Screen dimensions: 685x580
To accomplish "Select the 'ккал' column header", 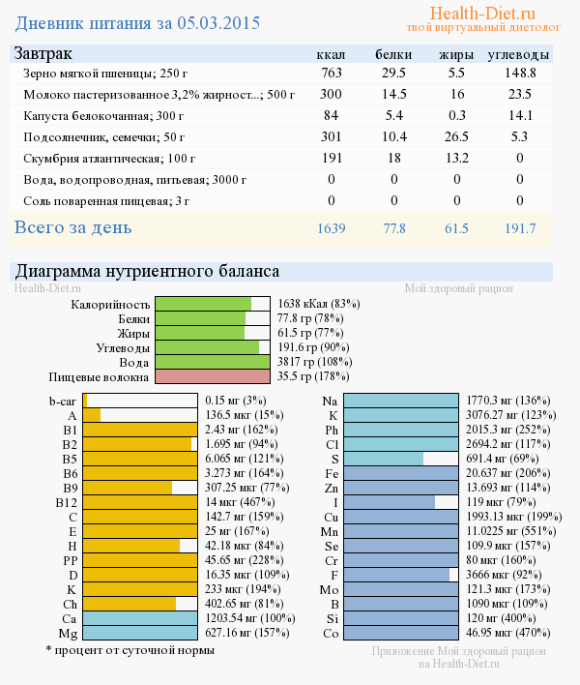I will (x=332, y=54).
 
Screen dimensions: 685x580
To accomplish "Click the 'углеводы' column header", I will (x=519, y=54).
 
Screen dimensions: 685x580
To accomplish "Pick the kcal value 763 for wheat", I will (x=332, y=73).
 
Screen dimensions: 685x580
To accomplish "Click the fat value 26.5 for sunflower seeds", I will (x=457, y=136).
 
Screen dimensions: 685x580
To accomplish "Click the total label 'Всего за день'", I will (x=72, y=228).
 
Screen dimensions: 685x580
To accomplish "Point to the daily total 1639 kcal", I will (x=332, y=229).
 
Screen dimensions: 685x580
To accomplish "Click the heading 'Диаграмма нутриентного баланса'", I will (x=146, y=272).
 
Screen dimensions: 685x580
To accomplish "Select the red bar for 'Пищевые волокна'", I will (x=212, y=376).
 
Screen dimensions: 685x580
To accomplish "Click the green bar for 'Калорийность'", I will (x=203, y=304).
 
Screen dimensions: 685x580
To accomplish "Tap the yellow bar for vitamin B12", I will (x=140, y=502).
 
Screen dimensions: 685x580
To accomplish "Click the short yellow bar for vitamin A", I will (x=92, y=415).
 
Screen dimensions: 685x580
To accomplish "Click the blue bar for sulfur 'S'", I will (x=384, y=459).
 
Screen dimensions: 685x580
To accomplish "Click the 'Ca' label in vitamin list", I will (x=69, y=618).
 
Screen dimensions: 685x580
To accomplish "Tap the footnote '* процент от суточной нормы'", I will (x=130, y=650).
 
